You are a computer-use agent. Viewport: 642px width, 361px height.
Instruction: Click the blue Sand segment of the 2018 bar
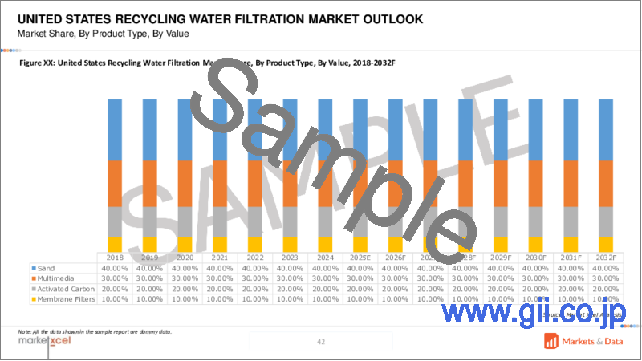tap(115, 129)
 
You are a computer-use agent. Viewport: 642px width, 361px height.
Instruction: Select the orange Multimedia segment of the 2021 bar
tap(220, 184)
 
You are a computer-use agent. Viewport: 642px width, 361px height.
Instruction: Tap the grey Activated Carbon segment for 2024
tap(325, 221)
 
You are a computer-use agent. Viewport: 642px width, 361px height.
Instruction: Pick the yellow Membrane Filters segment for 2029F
tap(501, 244)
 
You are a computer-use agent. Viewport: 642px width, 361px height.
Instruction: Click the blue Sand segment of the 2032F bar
tap(606, 129)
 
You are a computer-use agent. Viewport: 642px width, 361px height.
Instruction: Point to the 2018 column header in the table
tap(115, 257)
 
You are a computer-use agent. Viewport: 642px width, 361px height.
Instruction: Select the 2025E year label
tap(360, 257)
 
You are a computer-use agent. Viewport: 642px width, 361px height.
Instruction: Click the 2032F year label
tap(606, 257)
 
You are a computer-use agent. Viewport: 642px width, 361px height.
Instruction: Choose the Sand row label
tap(47, 267)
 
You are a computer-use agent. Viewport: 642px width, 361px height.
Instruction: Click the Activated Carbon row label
tap(63, 288)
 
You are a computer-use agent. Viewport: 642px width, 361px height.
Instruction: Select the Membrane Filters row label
tap(65, 298)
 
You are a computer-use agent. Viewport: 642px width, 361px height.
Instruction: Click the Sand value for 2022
tap(255, 267)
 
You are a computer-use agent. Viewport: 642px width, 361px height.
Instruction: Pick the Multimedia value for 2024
tap(325, 278)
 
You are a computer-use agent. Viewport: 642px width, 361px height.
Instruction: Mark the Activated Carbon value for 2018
tap(115, 288)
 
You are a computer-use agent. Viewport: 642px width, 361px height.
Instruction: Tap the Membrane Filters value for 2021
tap(220, 298)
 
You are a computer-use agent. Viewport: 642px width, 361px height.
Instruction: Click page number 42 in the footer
tap(321, 342)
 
